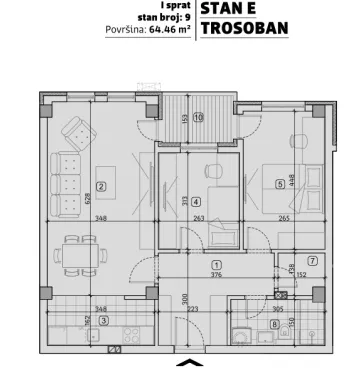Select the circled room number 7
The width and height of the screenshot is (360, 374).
click(x=311, y=261)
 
